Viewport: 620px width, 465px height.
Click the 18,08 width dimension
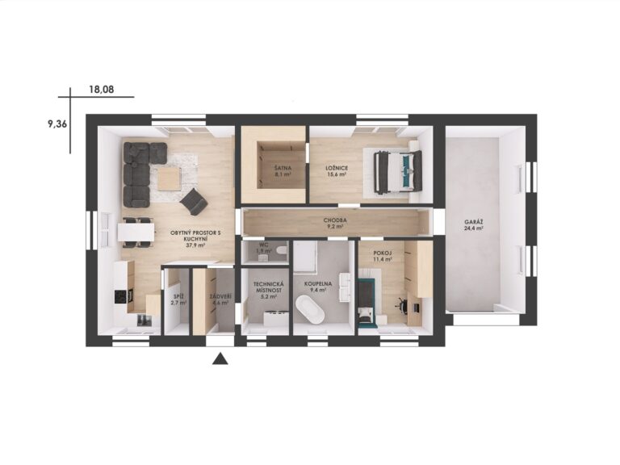point(102,90)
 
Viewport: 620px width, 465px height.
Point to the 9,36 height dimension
point(57,124)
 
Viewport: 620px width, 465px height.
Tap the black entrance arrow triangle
point(220,359)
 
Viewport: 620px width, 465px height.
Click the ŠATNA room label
point(283,168)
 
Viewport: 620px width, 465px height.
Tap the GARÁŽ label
point(474,222)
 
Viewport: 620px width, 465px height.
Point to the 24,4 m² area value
point(474,228)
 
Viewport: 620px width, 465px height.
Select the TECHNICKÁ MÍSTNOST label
point(268,287)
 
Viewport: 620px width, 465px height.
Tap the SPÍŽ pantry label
point(178,296)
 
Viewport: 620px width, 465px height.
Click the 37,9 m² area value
point(195,245)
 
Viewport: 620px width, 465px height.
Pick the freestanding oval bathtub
point(310,309)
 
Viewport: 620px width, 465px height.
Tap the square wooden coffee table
point(170,179)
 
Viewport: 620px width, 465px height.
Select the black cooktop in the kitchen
point(124,296)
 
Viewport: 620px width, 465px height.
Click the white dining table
point(136,232)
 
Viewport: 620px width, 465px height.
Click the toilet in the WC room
point(282,251)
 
